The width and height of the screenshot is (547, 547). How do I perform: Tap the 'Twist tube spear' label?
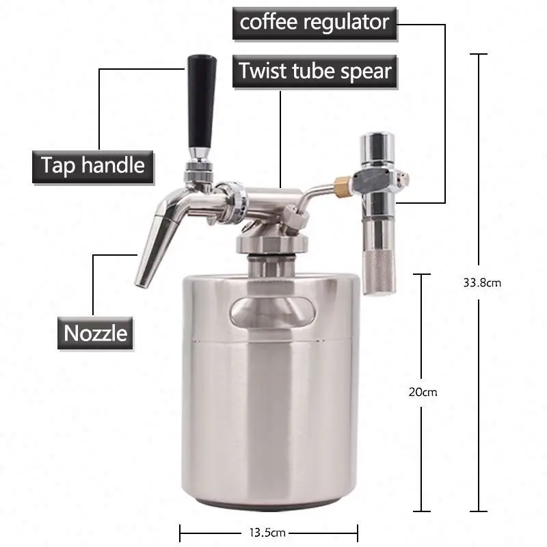[314, 70]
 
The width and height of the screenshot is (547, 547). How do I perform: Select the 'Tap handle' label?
[93, 165]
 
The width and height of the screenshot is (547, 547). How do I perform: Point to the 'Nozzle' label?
[95, 333]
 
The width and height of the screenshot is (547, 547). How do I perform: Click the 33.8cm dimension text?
[482, 282]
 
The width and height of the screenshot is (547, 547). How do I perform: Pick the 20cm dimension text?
[421, 392]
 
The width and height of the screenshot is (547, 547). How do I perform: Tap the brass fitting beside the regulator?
[338, 185]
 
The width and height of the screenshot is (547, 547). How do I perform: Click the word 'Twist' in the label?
[263, 70]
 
